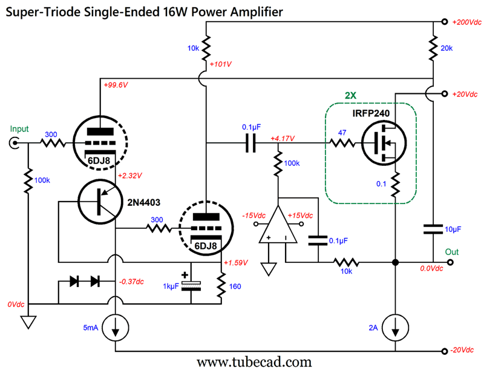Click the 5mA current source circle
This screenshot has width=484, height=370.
[x=114, y=328]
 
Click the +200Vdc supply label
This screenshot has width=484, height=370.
[x=466, y=22]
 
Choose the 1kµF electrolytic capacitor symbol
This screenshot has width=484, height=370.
[x=191, y=286]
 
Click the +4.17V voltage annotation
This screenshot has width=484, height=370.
[x=283, y=138]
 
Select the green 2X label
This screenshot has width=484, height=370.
[x=352, y=96]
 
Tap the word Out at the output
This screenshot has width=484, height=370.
[x=453, y=251]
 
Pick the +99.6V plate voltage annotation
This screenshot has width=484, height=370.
[x=117, y=85]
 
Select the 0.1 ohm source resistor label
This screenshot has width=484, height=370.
[x=381, y=183]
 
